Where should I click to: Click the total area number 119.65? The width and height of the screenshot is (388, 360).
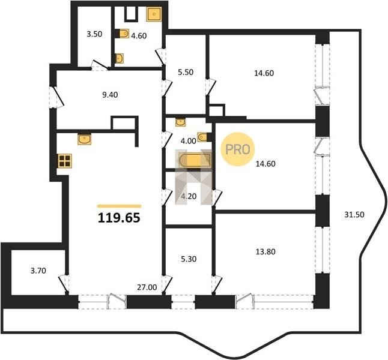[x=119, y=218]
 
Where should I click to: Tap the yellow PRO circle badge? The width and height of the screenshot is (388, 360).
[x=238, y=149]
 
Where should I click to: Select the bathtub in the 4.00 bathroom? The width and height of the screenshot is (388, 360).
[x=195, y=160]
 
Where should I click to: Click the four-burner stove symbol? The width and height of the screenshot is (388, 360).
[x=65, y=161]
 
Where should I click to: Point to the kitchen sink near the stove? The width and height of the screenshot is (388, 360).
[x=84, y=139]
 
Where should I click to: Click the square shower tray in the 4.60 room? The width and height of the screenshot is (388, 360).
[x=154, y=14]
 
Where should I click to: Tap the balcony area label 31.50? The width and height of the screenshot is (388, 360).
[x=354, y=215]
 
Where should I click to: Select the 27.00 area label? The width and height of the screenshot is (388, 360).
[x=147, y=287]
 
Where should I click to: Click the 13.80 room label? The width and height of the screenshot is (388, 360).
[x=265, y=252]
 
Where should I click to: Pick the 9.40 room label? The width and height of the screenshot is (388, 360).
[x=110, y=95]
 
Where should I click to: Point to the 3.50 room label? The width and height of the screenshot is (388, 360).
[x=94, y=34]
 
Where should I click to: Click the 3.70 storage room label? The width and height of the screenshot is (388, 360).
[x=38, y=271]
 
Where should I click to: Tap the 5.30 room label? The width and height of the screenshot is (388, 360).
[x=189, y=259]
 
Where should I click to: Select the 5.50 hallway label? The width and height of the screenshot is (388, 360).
[x=186, y=72]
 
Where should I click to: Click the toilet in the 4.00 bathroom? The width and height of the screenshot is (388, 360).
[x=203, y=137]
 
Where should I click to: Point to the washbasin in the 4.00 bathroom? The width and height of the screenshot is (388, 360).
[x=180, y=122]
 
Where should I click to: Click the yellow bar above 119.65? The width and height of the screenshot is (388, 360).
[x=119, y=206]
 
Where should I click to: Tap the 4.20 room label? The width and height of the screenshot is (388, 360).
[x=189, y=196]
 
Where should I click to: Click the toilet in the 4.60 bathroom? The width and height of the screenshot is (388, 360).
[x=123, y=34]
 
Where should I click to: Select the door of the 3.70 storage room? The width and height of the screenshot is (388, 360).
[x=64, y=283]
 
